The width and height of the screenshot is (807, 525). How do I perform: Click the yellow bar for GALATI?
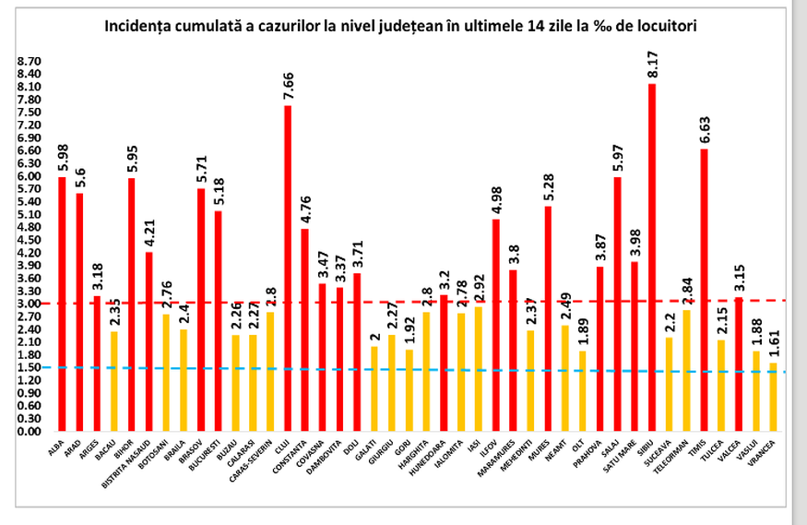(x=374, y=388)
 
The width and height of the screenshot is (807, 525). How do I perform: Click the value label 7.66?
(x=287, y=88)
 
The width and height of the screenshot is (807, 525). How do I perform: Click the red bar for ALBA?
(x=63, y=304)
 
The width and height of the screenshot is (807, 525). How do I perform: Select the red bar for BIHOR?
(x=132, y=304)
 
